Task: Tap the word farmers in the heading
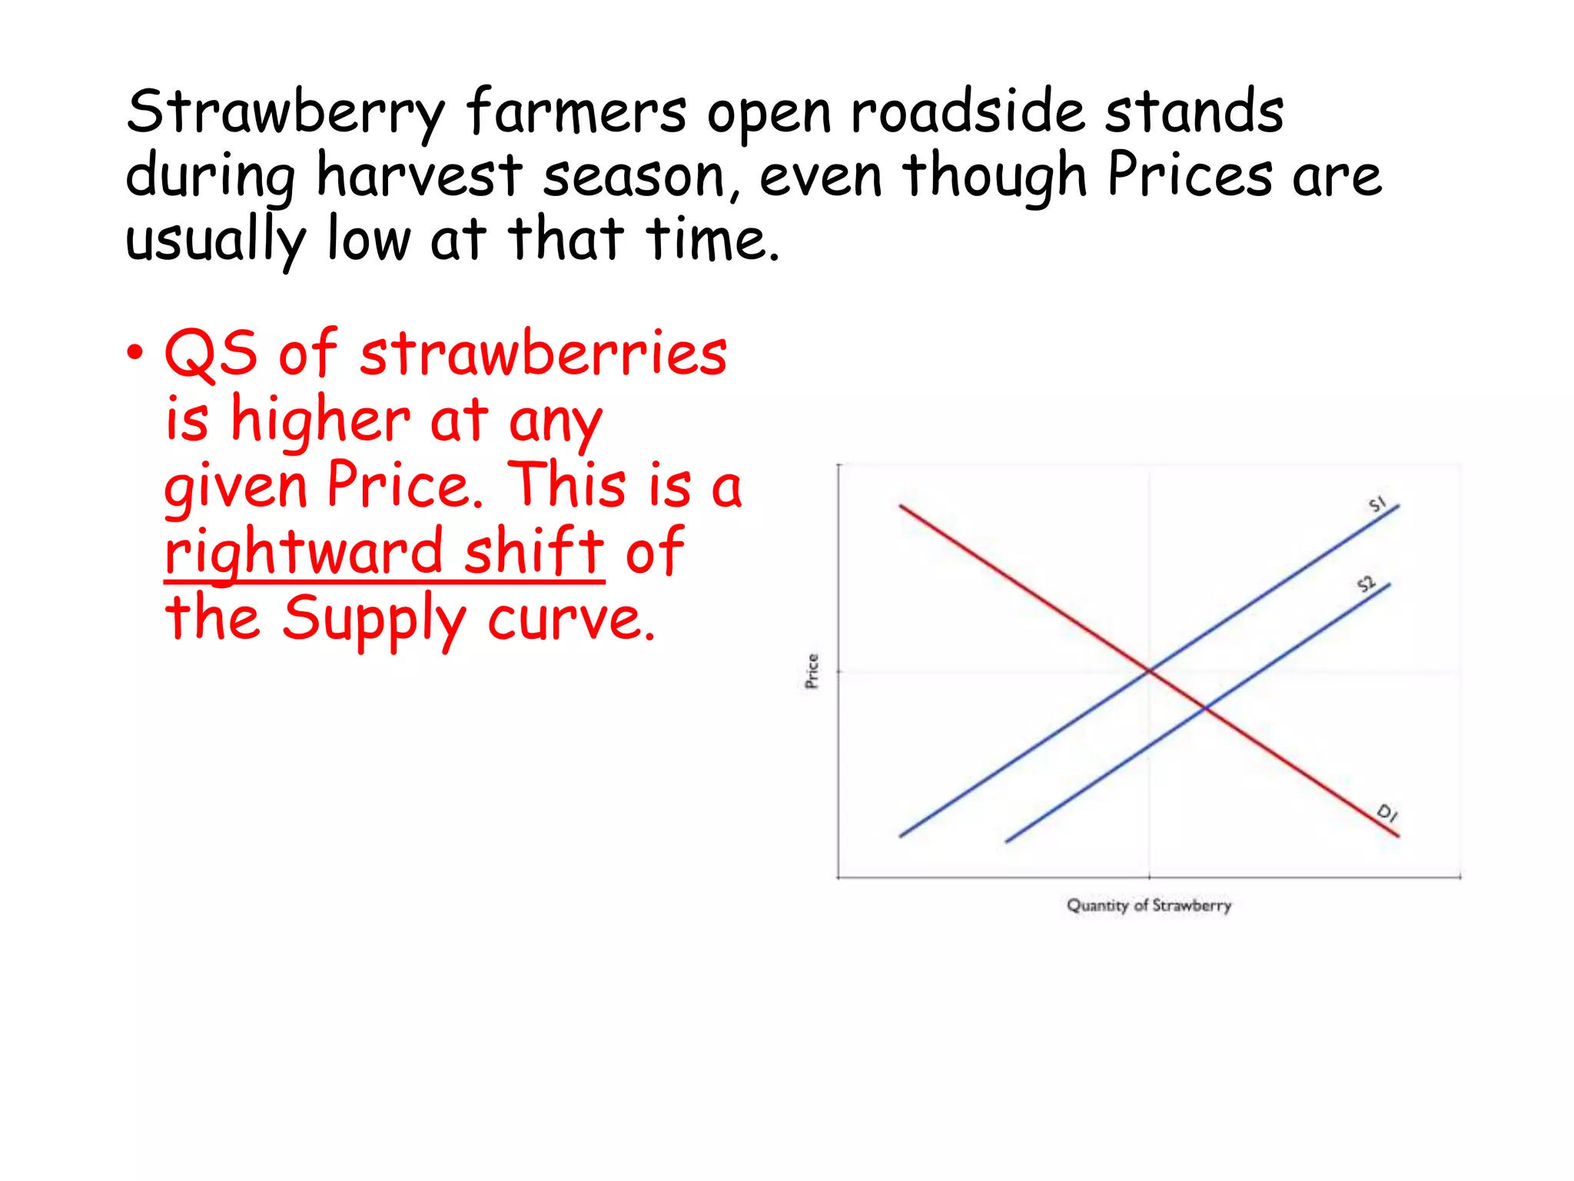tap(576, 111)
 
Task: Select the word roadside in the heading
tap(968, 111)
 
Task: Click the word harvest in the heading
tap(420, 176)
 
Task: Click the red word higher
tap(320, 420)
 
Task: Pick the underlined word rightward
tap(304, 553)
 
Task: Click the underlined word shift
tap(534, 551)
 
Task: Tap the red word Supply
tap(375, 620)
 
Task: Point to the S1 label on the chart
tap(1377, 504)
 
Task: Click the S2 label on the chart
tap(1366, 584)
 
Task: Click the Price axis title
tap(812, 671)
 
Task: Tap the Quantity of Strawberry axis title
tap(1149, 906)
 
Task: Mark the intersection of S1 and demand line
tap(1149, 671)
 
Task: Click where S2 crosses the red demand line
tap(1204, 708)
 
